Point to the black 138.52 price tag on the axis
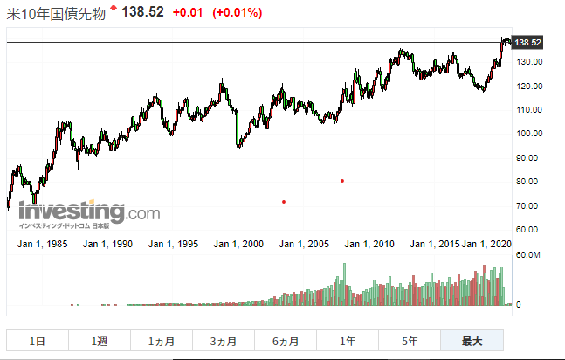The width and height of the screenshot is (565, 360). (528, 42)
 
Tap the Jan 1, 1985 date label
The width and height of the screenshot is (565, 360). (44, 244)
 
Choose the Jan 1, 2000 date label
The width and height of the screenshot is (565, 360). (238, 244)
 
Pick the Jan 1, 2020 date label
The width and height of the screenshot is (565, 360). (487, 244)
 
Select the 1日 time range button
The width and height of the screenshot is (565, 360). (37, 342)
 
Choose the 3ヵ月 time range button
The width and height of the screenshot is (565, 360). (224, 342)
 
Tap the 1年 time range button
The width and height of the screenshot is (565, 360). (348, 342)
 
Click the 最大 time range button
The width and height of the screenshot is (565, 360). (472, 342)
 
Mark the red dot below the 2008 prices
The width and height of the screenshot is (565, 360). (341, 181)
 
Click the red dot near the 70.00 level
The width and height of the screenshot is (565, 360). (284, 202)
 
